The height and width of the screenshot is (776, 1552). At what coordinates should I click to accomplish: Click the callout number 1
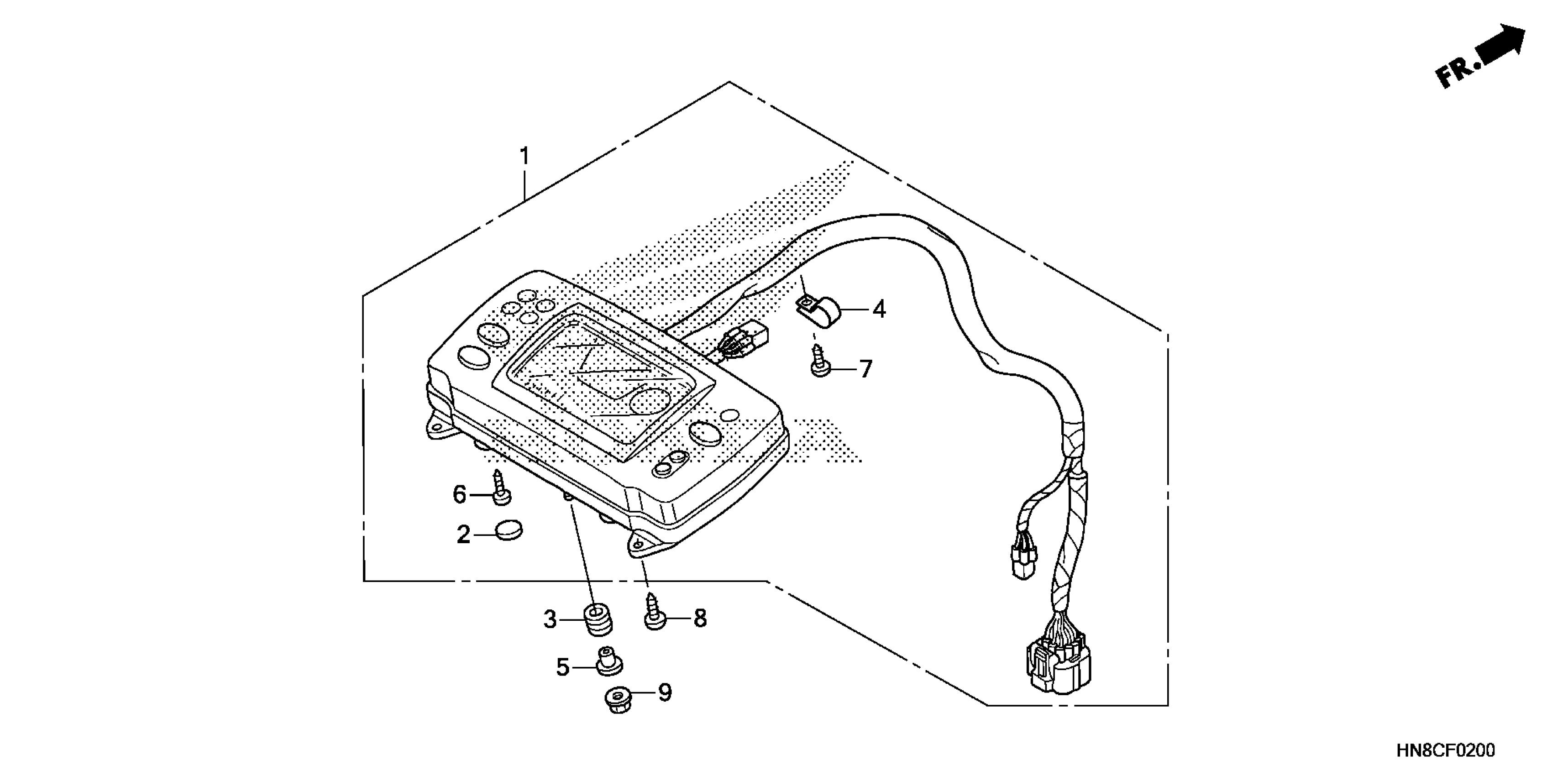(525, 157)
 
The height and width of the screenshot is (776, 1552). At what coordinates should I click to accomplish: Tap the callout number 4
(879, 309)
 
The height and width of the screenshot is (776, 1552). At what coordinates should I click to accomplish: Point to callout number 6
(460, 495)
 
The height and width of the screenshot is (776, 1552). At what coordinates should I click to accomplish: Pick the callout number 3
(550, 619)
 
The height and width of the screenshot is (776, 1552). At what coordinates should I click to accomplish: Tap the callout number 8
(699, 618)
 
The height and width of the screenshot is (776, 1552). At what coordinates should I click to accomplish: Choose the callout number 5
(562, 667)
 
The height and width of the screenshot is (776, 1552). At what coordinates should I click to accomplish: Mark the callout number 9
(665, 693)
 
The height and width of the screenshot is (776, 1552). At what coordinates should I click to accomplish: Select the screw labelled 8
(654, 613)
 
